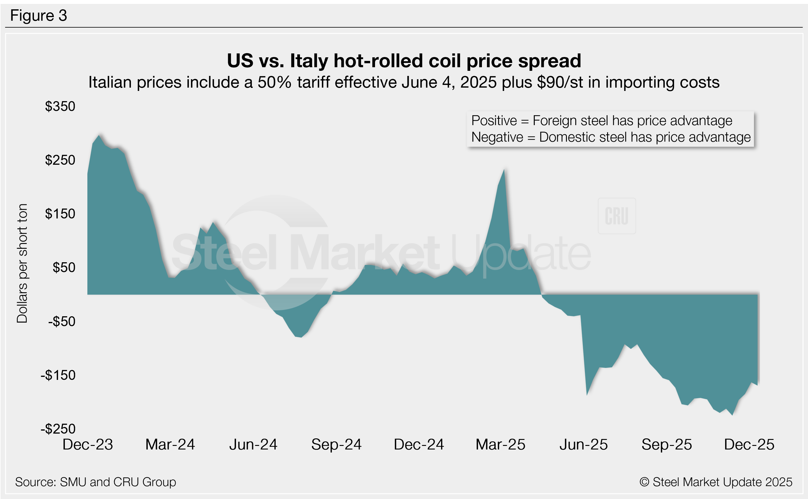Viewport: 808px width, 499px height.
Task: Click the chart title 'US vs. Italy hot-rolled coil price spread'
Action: [404, 61]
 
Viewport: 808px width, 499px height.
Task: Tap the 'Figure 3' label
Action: [39, 16]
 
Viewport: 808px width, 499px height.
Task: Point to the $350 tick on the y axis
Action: [60, 106]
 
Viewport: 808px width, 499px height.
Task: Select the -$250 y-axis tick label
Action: [58, 429]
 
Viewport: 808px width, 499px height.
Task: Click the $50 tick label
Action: [64, 267]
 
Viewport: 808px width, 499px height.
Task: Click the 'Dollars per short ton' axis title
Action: [22, 263]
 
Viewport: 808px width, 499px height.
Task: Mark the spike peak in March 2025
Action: [504, 170]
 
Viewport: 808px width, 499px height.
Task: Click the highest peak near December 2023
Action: [99, 135]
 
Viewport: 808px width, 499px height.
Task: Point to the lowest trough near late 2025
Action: [732, 414]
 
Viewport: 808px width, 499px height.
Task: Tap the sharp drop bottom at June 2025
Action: [587, 394]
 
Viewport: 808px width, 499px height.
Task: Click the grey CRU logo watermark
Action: [616, 216]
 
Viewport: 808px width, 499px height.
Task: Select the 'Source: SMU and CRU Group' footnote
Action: [95, 482]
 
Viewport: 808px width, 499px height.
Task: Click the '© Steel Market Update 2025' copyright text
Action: [716, 482]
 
